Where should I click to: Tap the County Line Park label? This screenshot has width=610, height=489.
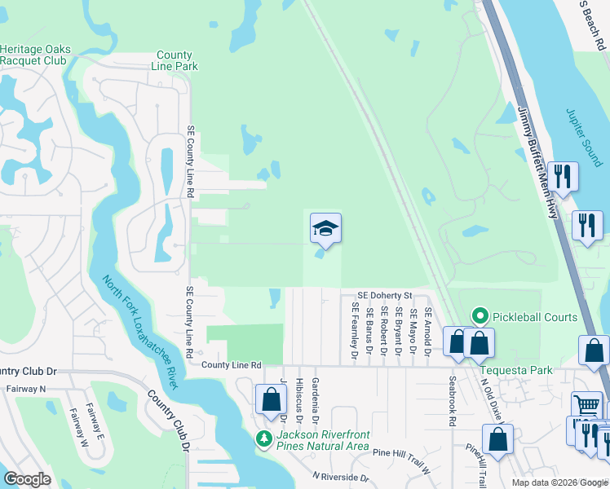[x=175, y=61]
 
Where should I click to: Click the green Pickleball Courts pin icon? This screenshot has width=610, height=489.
[x=480, y=317]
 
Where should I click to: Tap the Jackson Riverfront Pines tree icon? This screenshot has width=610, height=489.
[x=263, y=439]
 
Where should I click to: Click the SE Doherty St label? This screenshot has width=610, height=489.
[x=386, y=295]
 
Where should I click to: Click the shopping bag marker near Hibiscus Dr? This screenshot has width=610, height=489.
[x=271, y=400]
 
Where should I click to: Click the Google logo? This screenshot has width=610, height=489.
[x=28, y=479]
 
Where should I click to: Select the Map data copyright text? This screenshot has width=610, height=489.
[x=559, y=482]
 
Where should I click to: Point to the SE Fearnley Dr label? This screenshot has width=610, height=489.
[x=355, y=331]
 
